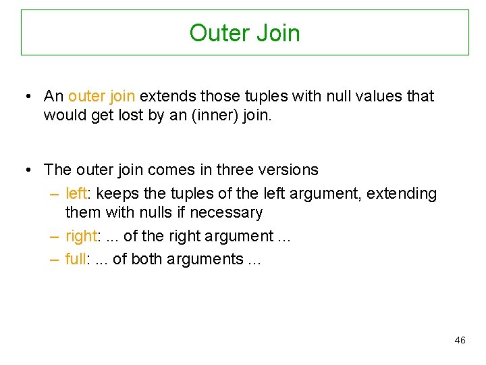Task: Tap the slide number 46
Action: click(x=460, y=340)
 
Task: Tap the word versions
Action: click(x=292, y=169)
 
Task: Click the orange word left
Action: click(x=76, y=193)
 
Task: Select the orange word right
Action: click(x=82, y=236)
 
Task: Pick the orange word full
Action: click(x=76, y=259)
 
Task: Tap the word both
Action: click(x=146, y=259)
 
